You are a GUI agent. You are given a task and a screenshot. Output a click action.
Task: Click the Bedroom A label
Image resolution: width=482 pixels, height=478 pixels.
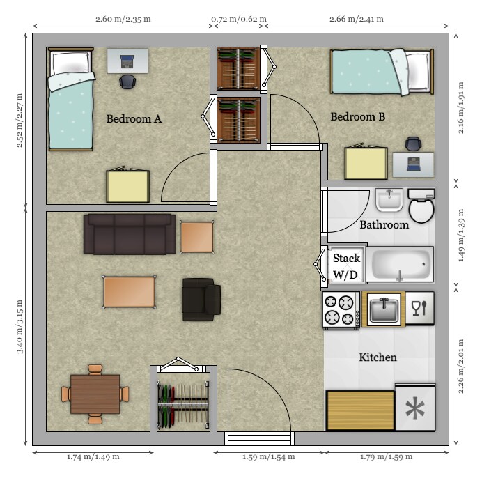[x=134, y=119]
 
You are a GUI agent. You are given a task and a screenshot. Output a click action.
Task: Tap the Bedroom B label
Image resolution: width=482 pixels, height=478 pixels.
[x=357, y=117]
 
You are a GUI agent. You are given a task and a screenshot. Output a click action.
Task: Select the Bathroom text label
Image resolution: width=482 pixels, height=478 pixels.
[x=384, y=225]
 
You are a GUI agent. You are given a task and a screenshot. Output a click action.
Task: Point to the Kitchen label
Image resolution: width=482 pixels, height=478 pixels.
[x=378, y=357]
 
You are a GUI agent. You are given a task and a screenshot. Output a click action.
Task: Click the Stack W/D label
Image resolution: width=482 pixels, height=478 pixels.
[x=345, y=266]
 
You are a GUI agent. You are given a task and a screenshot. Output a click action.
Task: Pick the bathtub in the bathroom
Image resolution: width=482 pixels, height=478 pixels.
[x=400, y=265]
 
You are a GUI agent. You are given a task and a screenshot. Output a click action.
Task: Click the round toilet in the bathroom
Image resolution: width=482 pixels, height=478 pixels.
[x=421, y=210]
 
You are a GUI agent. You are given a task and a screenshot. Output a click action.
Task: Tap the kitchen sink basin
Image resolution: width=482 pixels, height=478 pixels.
[x=383, y=309]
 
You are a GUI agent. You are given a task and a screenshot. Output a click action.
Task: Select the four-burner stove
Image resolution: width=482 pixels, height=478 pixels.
[x=341, y=310]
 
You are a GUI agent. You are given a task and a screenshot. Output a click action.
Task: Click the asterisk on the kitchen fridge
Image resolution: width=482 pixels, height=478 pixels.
[x=415, y=410]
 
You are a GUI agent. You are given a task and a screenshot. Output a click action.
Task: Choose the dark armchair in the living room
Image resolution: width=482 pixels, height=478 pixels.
[x=201, y=300]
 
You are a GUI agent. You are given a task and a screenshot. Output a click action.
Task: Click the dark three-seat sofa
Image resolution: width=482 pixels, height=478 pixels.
[x=130, y=234]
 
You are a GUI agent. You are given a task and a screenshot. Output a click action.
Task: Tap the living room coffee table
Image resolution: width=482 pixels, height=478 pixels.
[x=130, y=291]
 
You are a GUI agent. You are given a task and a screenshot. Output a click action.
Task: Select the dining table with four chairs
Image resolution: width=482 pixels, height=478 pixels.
[x=95, y=394]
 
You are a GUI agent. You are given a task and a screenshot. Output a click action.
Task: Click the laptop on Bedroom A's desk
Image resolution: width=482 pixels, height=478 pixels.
[x=128, y=61]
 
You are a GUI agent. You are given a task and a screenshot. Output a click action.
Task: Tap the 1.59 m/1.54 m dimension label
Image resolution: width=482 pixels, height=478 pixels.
[x=268, y=457]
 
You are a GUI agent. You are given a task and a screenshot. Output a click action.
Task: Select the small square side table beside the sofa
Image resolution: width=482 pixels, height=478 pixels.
[x=196, y=237]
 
